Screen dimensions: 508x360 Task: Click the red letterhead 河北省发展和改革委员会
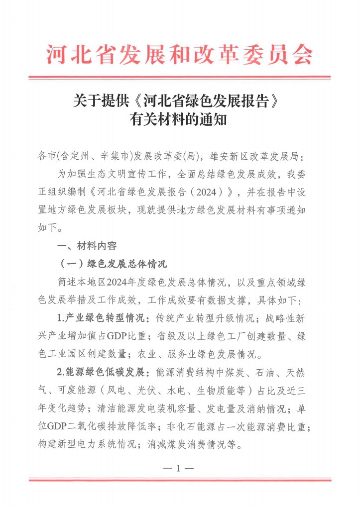point(179,54)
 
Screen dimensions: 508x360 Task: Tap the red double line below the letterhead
point(179,78)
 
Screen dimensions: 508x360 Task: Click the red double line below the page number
point(179,480)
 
